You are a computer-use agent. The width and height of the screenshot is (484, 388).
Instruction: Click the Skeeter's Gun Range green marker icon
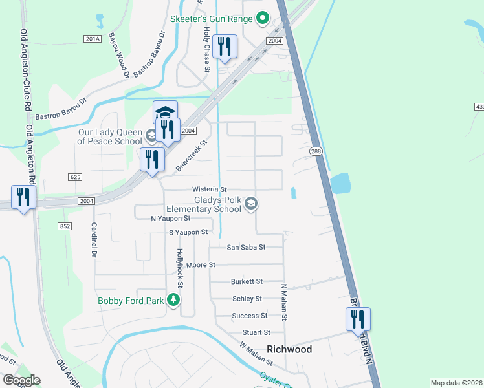click(x=262, y=19)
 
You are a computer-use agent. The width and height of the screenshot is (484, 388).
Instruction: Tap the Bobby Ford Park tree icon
click(x=173, y=300)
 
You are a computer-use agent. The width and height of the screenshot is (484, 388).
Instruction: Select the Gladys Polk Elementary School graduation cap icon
click(x=252, y=205)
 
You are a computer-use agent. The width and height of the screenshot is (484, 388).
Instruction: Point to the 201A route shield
click(x=93, y=39)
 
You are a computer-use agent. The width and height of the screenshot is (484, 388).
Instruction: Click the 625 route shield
click(x=75, y=177)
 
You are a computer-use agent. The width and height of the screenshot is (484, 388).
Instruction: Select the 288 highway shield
click(x=315, y=151)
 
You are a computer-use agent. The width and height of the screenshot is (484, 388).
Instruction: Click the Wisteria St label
click(x=210, y=189)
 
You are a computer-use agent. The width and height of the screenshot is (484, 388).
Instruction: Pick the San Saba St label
click(x=246, y=247)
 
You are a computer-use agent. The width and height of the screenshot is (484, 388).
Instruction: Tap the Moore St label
click(x=200, y=265)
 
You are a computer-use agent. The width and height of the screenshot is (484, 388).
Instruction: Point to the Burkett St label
click(x=247, y=281)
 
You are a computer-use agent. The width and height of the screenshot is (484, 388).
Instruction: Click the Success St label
click(x=250, y=316)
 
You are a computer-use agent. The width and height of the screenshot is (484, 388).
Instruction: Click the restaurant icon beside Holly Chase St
click(x=225, y=47)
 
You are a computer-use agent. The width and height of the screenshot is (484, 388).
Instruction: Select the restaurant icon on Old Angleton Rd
click(x=23, y=197)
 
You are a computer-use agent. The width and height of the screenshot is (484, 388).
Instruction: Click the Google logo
click(x=21, y=380)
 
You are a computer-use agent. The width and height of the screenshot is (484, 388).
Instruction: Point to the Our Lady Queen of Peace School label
click(x=105, y=136)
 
